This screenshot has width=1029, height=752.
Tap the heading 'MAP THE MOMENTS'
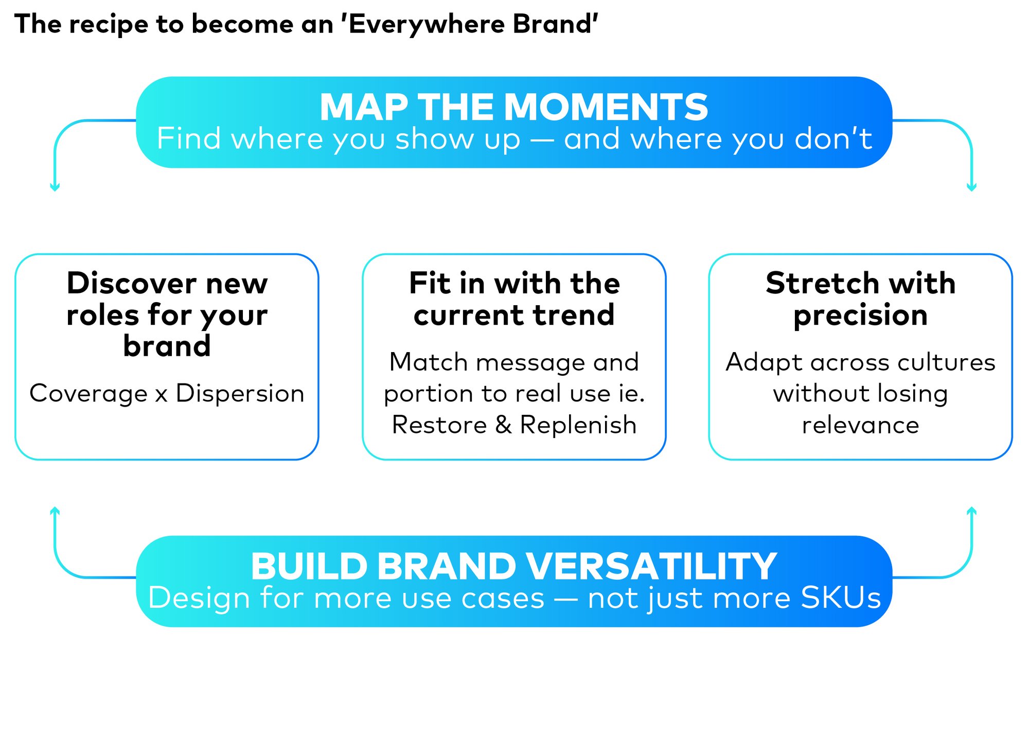coord(514,107)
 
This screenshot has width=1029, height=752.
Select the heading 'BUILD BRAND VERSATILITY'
coord(514,566)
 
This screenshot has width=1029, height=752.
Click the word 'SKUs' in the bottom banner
coord(841,598)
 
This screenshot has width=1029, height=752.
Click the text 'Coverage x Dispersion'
coord(167,394)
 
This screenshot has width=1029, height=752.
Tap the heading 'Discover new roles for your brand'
coord(167,314)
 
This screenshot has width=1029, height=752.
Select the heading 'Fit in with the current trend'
coord(514,299)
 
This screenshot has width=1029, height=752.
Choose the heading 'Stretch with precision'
coord(861,299)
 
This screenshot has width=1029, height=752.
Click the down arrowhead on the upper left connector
coord(55,187)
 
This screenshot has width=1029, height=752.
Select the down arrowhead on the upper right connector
coord(971,187)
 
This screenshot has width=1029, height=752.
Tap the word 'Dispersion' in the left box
coord(240,394)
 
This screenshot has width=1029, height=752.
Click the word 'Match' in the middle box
coord(429,362)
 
